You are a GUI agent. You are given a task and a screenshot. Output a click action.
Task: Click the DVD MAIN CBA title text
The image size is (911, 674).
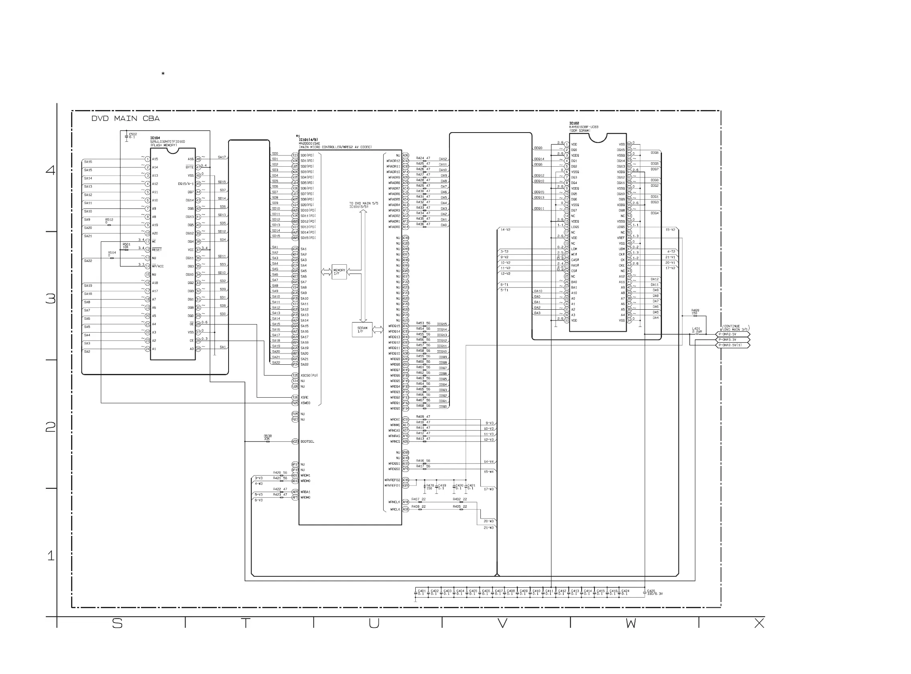tap(125, 119)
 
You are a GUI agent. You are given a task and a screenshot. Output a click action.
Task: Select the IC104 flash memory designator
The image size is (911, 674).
tap(155, 138)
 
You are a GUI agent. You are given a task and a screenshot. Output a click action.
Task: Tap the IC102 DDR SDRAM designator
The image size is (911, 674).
tap(574, 123)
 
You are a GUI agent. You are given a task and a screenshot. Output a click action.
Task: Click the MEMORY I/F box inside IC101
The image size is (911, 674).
tap(339, 272)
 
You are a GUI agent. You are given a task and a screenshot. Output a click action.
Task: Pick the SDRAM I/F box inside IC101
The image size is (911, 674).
tap(362, 330)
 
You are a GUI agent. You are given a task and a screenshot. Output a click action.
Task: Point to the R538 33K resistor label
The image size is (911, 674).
tap(268, 437)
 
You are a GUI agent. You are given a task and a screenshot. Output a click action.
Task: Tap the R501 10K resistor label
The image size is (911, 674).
tap(126, 245)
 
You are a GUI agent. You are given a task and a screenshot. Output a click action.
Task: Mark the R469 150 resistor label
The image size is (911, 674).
tap(695, 312)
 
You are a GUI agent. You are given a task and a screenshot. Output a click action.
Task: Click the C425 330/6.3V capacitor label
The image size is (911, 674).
tap(654, 592)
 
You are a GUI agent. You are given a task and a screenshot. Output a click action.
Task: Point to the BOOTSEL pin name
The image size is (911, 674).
tap(307, 441)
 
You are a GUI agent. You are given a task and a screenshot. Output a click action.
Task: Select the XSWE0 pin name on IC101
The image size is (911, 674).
tap(305, 403)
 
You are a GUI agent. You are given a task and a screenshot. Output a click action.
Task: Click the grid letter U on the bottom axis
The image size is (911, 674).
tap(374, 623)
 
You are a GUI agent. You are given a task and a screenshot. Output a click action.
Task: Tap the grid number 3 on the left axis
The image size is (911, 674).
tap(51, 299)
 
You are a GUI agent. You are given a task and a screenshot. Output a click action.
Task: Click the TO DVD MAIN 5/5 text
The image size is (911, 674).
tap(364, 205)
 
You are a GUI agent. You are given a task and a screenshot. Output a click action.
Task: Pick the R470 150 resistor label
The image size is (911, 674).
tap(430, 487)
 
